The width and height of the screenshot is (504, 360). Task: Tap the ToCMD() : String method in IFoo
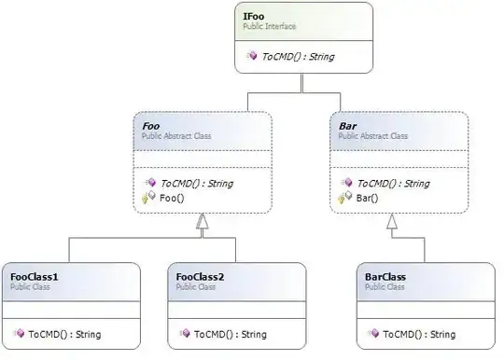297,56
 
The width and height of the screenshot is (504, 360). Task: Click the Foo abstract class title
151,124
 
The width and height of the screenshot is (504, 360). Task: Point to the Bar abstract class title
346,124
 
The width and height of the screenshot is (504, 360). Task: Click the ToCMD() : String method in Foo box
196,184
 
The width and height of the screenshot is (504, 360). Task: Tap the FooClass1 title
35,277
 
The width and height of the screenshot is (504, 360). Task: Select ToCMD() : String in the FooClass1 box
64,333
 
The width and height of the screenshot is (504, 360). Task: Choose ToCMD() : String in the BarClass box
419,333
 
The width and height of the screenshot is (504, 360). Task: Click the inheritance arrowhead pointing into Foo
202,221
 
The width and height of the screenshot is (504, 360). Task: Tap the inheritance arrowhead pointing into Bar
392,221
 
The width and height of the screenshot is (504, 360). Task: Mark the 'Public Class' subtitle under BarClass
384,288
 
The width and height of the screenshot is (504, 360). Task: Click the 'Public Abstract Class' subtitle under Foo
176,135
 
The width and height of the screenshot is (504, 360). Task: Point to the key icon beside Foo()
147,198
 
